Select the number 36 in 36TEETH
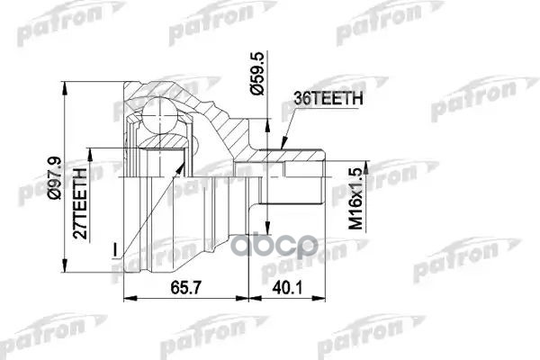click(x=300, y=102)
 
